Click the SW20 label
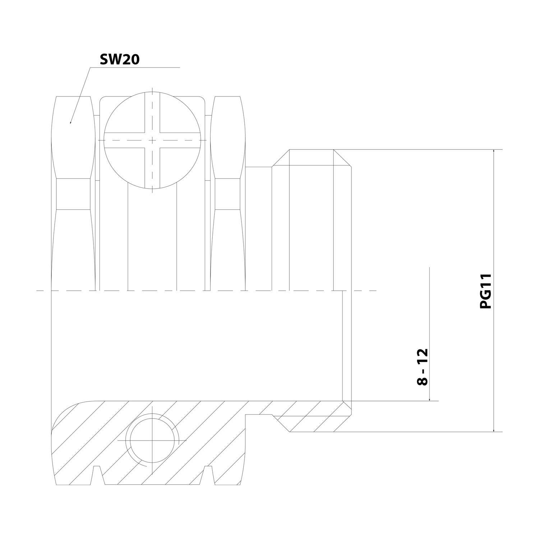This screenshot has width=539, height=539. pyautogui.click(x=119, y=60)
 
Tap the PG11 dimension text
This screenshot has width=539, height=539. pyautogui.click(x=485, y=291)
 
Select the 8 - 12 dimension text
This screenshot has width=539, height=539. pyautogui.click(x=423, y=367)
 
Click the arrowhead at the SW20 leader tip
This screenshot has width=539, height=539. pyautogui.click(x=70, y=123)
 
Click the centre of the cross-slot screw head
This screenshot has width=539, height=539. pyautogui.click(x=152, y=139)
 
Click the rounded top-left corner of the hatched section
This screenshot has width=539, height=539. pyautogui.click(x=63, y=413)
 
